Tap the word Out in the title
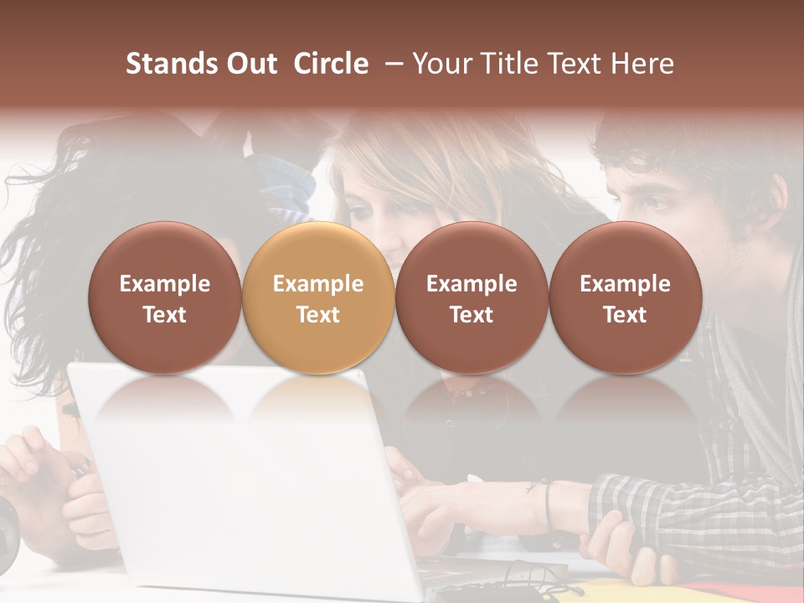click(250, 64)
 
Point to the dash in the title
click(389, 64)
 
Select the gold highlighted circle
click(317, 296)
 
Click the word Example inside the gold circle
click(317, 284)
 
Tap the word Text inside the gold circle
click(317, 315)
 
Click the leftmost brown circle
click(164, 296)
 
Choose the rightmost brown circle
click(625, 296)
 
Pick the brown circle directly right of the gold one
click(472, 296)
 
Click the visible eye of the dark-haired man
click(655, 204)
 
